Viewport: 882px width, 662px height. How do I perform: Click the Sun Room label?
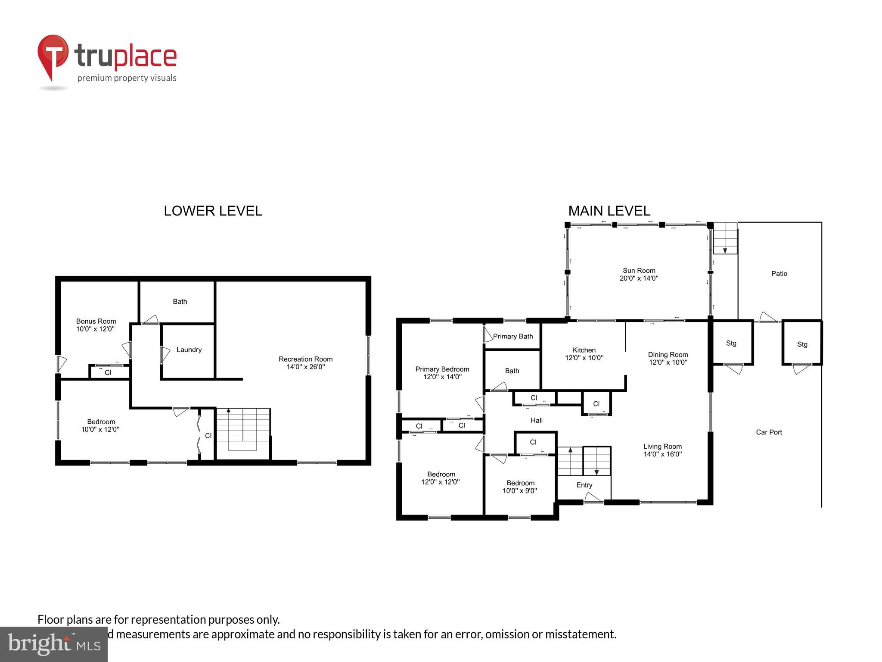pos(639,271)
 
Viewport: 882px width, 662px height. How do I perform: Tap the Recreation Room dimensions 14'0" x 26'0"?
pos(305,367)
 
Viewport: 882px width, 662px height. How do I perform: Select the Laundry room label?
pos(189,350)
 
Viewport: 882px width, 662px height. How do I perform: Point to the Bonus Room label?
pos(96,321)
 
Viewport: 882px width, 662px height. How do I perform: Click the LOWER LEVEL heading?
pos(213,211)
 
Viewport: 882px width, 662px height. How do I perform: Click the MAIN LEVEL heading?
pos(609,211)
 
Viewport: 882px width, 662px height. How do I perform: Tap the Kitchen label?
pos(584,350)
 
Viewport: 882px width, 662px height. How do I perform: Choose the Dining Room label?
pos(668,355)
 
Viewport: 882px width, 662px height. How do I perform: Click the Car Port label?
pos(769,432)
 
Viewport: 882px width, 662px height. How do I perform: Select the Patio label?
pos(779,274)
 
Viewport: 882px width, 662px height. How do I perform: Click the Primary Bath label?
pos(512,336)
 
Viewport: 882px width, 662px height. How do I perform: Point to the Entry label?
pos(584,485)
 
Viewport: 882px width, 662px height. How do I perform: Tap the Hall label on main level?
pos(536,420)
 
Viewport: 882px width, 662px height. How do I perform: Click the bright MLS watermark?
pos(53,644)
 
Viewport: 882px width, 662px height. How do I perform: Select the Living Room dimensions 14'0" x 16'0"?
pos(662,454)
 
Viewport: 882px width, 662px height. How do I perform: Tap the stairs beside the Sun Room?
pos(725,238)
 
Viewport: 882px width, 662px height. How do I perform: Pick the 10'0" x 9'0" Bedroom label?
pos(520,483)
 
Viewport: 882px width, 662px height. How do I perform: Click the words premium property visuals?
pos(127,78)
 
